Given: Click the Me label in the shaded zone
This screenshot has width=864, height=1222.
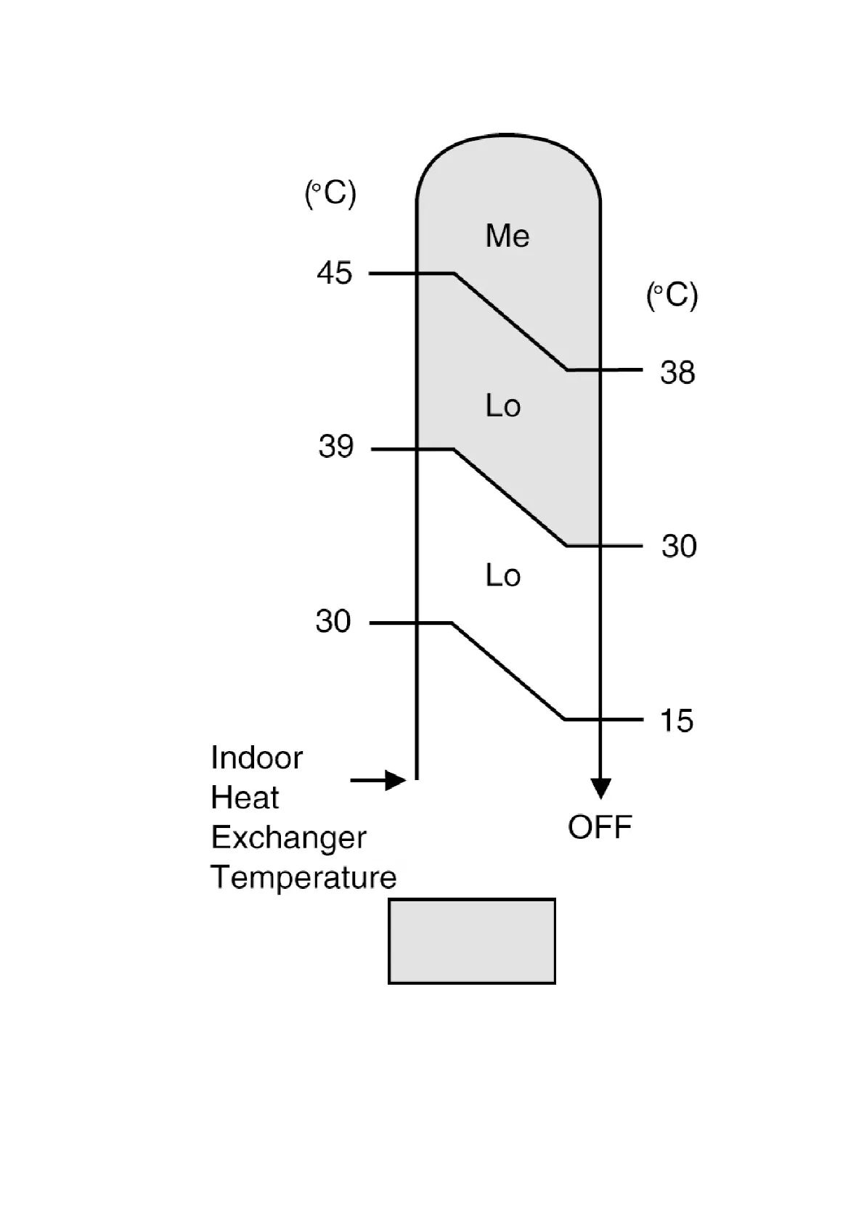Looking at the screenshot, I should click(x=507, y=236).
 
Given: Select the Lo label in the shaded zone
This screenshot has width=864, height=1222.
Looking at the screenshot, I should click(x=502, y=406).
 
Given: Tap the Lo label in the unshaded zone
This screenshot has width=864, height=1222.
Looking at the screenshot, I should click(x=502, y=575).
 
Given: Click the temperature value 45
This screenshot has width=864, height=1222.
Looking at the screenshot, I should click(x=335, y=274).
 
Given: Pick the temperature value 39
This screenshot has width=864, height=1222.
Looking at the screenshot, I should click(x=335, y=446).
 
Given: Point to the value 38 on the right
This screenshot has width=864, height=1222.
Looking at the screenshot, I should click(x=677, y=373).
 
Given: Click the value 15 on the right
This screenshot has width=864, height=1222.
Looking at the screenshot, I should click(x=676, y=721).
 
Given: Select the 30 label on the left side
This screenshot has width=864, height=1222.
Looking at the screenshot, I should click(x=333, y=622).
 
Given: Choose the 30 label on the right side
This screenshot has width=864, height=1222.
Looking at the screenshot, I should click(x=679, y=546).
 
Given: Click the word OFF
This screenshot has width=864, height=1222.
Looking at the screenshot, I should click(x=600, y=827).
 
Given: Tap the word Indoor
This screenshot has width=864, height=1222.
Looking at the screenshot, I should click(x=256, y=758).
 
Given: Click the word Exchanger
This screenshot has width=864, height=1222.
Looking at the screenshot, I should click(x=288, y=838).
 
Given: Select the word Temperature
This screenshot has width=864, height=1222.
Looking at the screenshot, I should click(x=303, y=878).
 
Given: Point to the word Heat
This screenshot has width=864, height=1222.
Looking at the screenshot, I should click(x=245, y=798).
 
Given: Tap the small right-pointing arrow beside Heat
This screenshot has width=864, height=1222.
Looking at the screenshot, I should click(x=378, y=780).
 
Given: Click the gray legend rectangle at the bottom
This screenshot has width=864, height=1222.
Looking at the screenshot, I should click(x=472, y=941).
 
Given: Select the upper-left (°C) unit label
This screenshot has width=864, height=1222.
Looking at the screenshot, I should click(x=330, y=194).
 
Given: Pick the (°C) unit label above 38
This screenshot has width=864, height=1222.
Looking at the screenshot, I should click(x=672, y=295).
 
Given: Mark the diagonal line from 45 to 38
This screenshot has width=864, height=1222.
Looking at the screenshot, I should click(x=510, y=321).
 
